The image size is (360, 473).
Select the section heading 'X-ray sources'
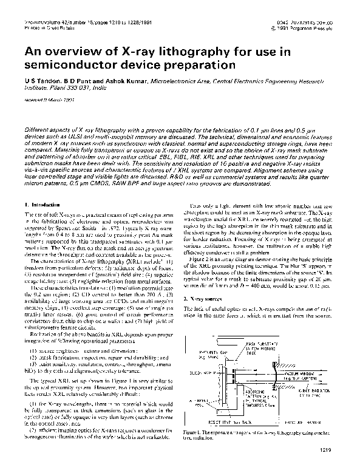pyautogui.click(x=217, y=299)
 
